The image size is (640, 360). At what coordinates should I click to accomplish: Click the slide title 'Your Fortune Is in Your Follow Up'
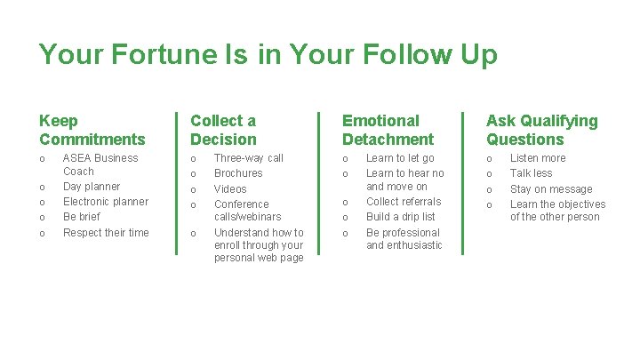click(x=268, y=54)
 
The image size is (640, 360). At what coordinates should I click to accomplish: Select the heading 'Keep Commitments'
click(x=92, y=130)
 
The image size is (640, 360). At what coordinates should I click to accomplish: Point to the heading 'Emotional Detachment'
click(x=388, y=130)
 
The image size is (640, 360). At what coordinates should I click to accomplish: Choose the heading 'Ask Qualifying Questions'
click(x=541, y=130)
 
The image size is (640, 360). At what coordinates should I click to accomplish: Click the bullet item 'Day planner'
click(x=92, y=187)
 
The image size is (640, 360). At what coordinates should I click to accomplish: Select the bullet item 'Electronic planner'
click(x=106, y=202)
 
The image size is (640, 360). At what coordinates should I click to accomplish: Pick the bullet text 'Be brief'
click(x=82, y=217)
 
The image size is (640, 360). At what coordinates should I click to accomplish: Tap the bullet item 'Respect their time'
click(x=106, y=233)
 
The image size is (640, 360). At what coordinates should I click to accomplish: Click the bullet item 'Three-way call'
click(x=249, y=158)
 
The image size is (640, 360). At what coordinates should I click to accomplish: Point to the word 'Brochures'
click(x=238, y=173)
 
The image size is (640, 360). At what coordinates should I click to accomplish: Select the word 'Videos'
click(x=230, y=189)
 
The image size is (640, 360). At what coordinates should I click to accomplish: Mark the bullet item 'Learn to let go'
click(x=400, y=158)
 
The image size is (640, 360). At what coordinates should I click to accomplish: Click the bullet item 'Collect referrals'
click(x=404, y=202)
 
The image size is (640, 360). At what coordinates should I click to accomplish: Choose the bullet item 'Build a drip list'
click(x=401, y=217)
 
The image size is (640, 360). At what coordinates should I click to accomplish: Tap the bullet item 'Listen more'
click(x=538, y=158)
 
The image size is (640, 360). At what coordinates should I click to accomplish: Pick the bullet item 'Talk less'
click(x=531, y=173)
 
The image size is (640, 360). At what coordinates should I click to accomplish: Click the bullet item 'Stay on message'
click(x=551, y=189)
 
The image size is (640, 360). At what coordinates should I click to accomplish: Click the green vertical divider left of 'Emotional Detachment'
click(x=318, y=183)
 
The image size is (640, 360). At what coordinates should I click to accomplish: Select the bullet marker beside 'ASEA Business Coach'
click(x=43, y=159)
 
